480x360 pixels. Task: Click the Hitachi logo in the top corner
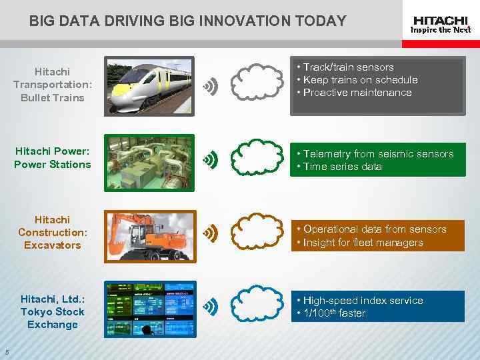441,25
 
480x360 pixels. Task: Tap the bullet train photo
149,85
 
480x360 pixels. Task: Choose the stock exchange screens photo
150,309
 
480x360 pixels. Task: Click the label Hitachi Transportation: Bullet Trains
52,85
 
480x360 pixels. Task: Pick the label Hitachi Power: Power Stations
52,157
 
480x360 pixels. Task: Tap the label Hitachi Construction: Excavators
52,232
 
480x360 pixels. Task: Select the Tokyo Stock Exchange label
52,311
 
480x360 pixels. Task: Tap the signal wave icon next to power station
211,159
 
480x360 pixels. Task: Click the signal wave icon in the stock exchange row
211,307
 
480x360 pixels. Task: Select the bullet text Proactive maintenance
357,93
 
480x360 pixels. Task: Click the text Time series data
342,167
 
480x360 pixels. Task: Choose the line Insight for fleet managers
363,243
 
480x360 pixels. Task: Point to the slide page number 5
7,353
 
